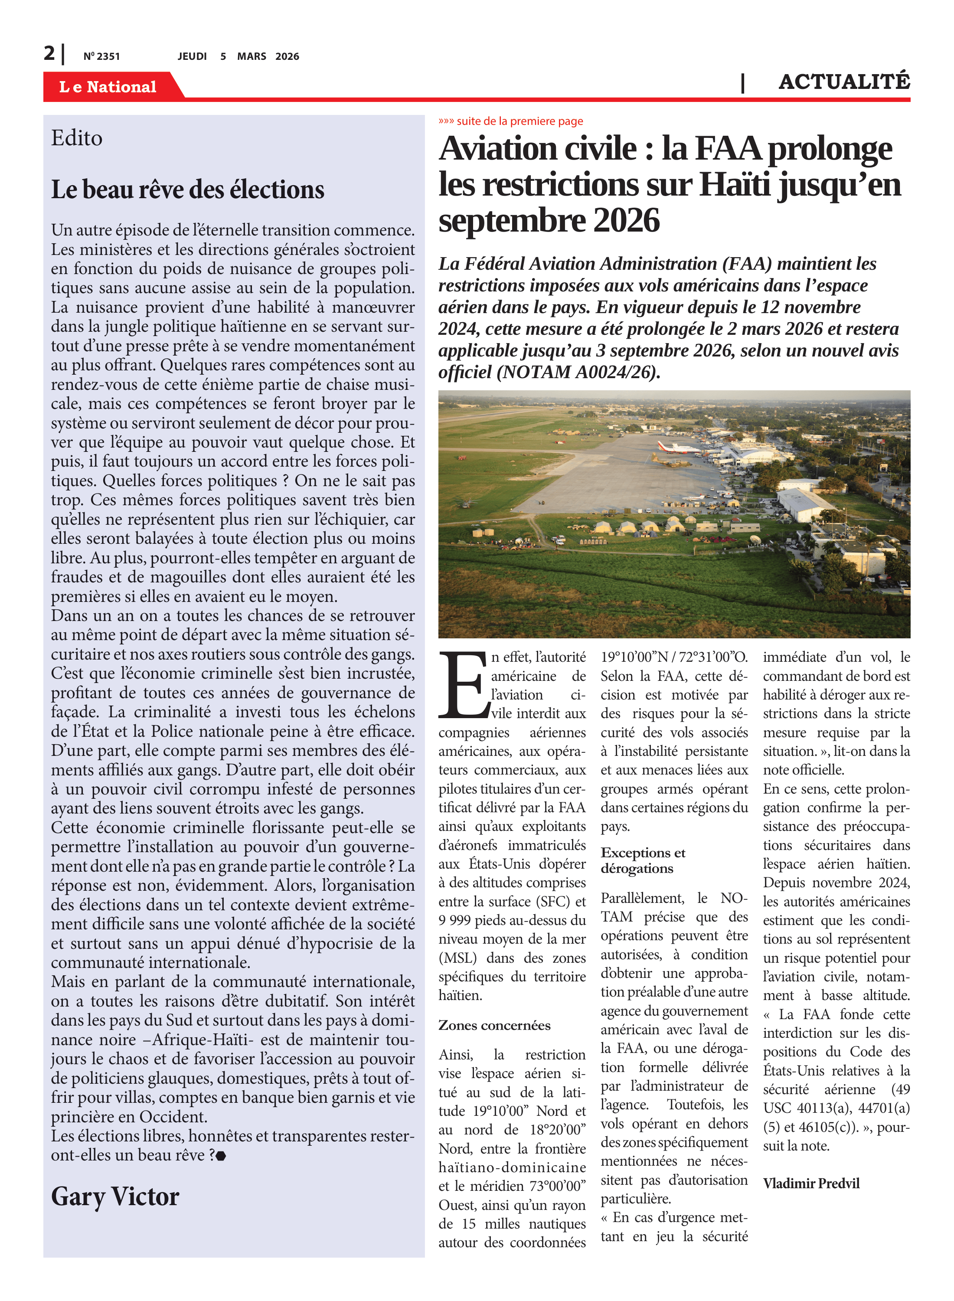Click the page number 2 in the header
click(49, 53)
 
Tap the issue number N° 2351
click(101, 56)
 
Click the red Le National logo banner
click(108, 87)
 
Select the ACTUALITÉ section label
click(844, 82)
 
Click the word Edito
click(77, 138)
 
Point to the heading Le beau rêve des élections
click(188, 190)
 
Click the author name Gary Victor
click(115, 1196)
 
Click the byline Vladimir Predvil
click(811, 1184)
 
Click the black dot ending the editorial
click(221, 1156)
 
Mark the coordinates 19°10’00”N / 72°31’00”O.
click(674, 657)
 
